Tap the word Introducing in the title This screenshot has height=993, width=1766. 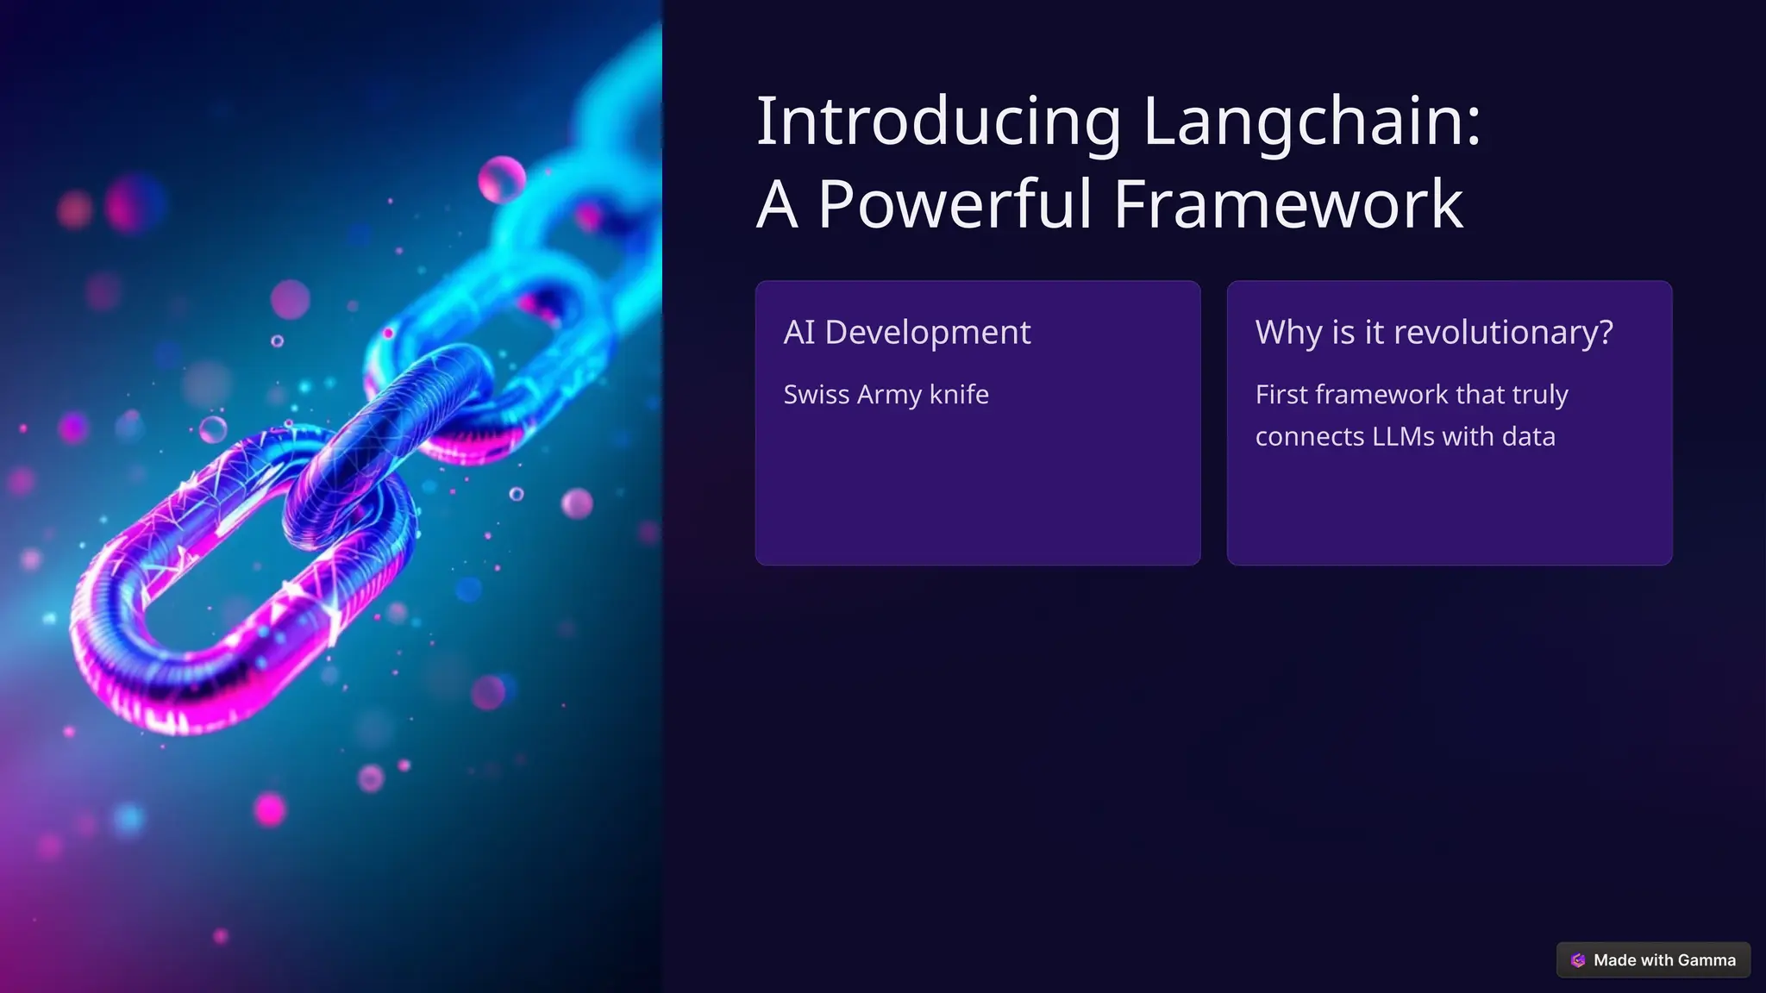coord(938,122)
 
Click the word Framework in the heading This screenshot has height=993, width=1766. coord(1288,204)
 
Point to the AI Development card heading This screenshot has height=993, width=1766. coord(906,333)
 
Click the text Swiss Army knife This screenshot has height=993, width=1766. coord(886,395)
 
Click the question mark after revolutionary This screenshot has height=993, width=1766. coord(1606,333)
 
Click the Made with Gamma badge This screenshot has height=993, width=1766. coord(1653,960)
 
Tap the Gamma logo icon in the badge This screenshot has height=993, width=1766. coord(1578,960)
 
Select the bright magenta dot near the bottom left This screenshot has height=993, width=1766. coord(269,809)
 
